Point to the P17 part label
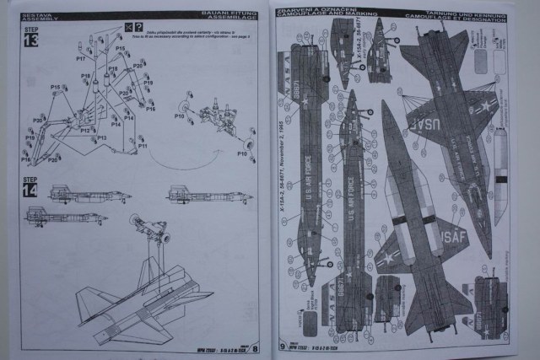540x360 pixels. (81, 59)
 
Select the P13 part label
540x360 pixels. (100, 137)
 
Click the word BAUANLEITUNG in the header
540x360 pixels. (231, 14)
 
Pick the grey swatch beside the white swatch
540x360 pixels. (482, 60)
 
